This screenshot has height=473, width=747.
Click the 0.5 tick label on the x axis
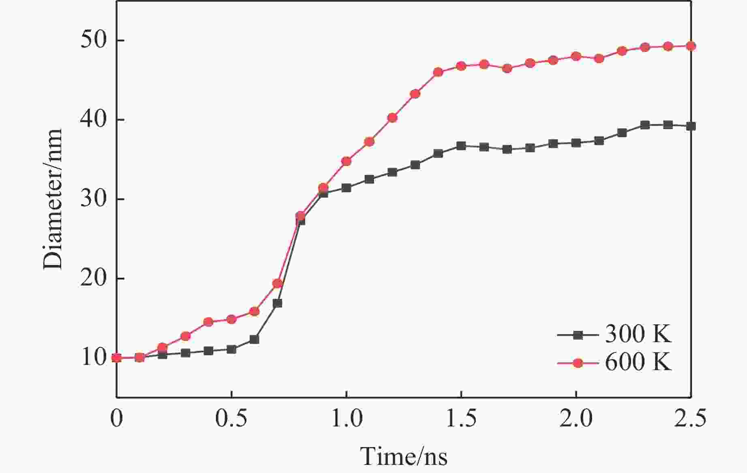pyautogui.click(x=231, y=419)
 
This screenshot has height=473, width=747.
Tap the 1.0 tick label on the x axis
pyautogui.click(x=347, y=419)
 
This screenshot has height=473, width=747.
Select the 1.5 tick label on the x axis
pyautogui.click(x=461, y=419)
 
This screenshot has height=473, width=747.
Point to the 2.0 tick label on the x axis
pyautogui.click(x=576, y=419)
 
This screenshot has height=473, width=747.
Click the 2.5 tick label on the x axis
pyautogui.click(x=690, y=419)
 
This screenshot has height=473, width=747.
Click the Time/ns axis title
pyautogui.click(x=404, y=456)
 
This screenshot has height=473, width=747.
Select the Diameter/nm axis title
pyautogui.click(x=53, y=199)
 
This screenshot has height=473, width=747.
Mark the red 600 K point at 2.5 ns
pyautogui.click(x=691, y=46)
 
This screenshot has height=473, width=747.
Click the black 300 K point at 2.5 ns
pyautogui.click(x=691, y=126)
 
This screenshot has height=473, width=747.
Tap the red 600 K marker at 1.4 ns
pyautogui.click(x=438, y=72)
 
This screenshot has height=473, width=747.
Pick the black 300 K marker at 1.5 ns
pyautogui.click(x=461, y=146)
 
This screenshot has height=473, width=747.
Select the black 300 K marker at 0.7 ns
pyautogui.click(x=277, y=303)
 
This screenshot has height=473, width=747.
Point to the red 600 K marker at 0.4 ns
pyautogui.click(x=208, y=322)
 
